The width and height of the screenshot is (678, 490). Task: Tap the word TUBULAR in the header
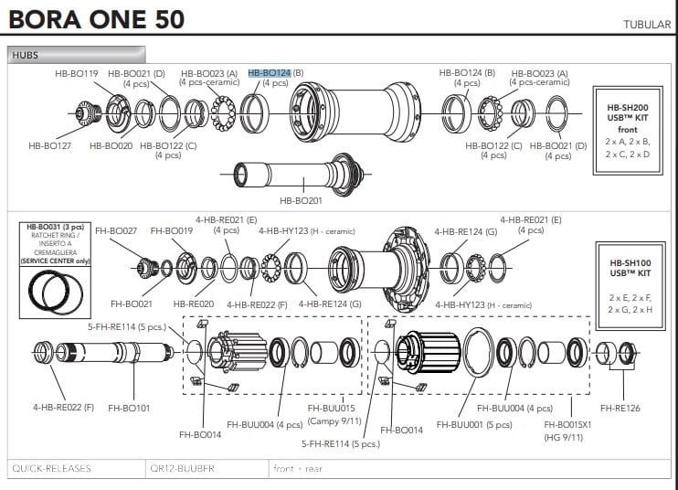647,25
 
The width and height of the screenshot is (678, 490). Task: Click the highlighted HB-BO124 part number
269,72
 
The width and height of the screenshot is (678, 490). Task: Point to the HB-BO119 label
78,72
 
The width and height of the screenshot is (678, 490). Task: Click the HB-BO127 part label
49,144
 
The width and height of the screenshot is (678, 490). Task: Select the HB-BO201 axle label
301,200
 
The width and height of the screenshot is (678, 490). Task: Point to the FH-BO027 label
116,231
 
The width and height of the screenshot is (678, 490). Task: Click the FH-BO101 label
129,408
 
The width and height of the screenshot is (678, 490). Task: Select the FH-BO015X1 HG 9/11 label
568,430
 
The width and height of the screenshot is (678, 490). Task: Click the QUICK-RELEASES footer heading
51,469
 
